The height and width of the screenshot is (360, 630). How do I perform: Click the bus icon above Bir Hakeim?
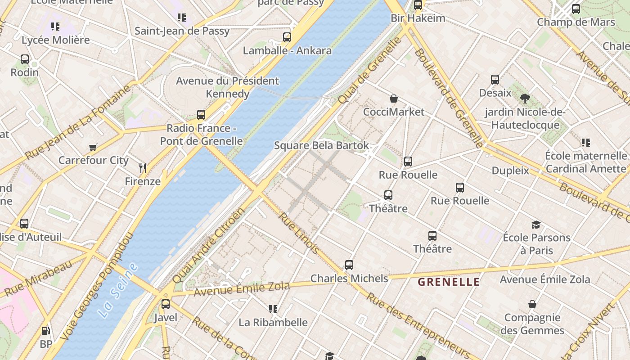418,5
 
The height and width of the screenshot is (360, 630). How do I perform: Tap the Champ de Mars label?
576,22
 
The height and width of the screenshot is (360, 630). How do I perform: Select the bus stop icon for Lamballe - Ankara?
287,37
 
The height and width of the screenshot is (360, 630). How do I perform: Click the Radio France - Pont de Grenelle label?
201,135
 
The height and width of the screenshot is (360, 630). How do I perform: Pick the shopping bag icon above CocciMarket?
394,99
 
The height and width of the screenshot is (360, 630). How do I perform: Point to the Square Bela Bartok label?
321,145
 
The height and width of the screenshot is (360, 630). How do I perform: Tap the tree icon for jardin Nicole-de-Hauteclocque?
525,98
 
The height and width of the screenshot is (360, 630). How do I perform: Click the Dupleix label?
510,171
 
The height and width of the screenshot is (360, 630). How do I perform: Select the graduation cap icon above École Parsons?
536,225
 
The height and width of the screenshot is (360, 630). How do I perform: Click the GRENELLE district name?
449,282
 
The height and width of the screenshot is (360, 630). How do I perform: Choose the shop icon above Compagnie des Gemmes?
532,305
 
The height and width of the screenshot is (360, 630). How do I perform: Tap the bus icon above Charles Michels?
349,265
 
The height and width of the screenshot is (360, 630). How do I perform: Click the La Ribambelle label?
273,322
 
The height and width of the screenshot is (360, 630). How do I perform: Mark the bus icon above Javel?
166,304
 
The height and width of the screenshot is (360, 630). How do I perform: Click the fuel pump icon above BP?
45,331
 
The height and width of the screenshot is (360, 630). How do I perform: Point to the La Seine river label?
118,291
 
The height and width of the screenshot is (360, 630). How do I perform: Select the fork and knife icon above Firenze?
143,168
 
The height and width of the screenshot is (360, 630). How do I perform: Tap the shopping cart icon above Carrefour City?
93,147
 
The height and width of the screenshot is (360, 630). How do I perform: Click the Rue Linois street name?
299,233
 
